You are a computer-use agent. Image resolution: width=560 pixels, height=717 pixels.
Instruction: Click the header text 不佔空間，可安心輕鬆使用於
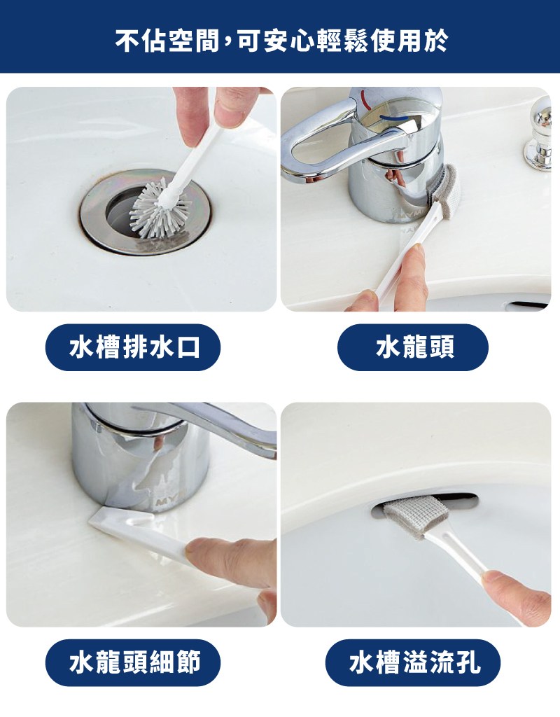coord(281,41)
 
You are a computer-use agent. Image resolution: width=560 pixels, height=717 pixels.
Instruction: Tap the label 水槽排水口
coord(133,347)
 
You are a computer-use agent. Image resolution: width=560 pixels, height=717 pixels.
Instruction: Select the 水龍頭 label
coord(413,347)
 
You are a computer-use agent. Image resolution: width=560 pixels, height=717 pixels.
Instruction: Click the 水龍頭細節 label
coord(133,662)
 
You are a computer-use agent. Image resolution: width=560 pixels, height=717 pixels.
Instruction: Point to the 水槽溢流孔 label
coord(413,662)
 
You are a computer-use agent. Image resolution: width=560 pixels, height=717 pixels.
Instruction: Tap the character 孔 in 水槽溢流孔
coord(468,662)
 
